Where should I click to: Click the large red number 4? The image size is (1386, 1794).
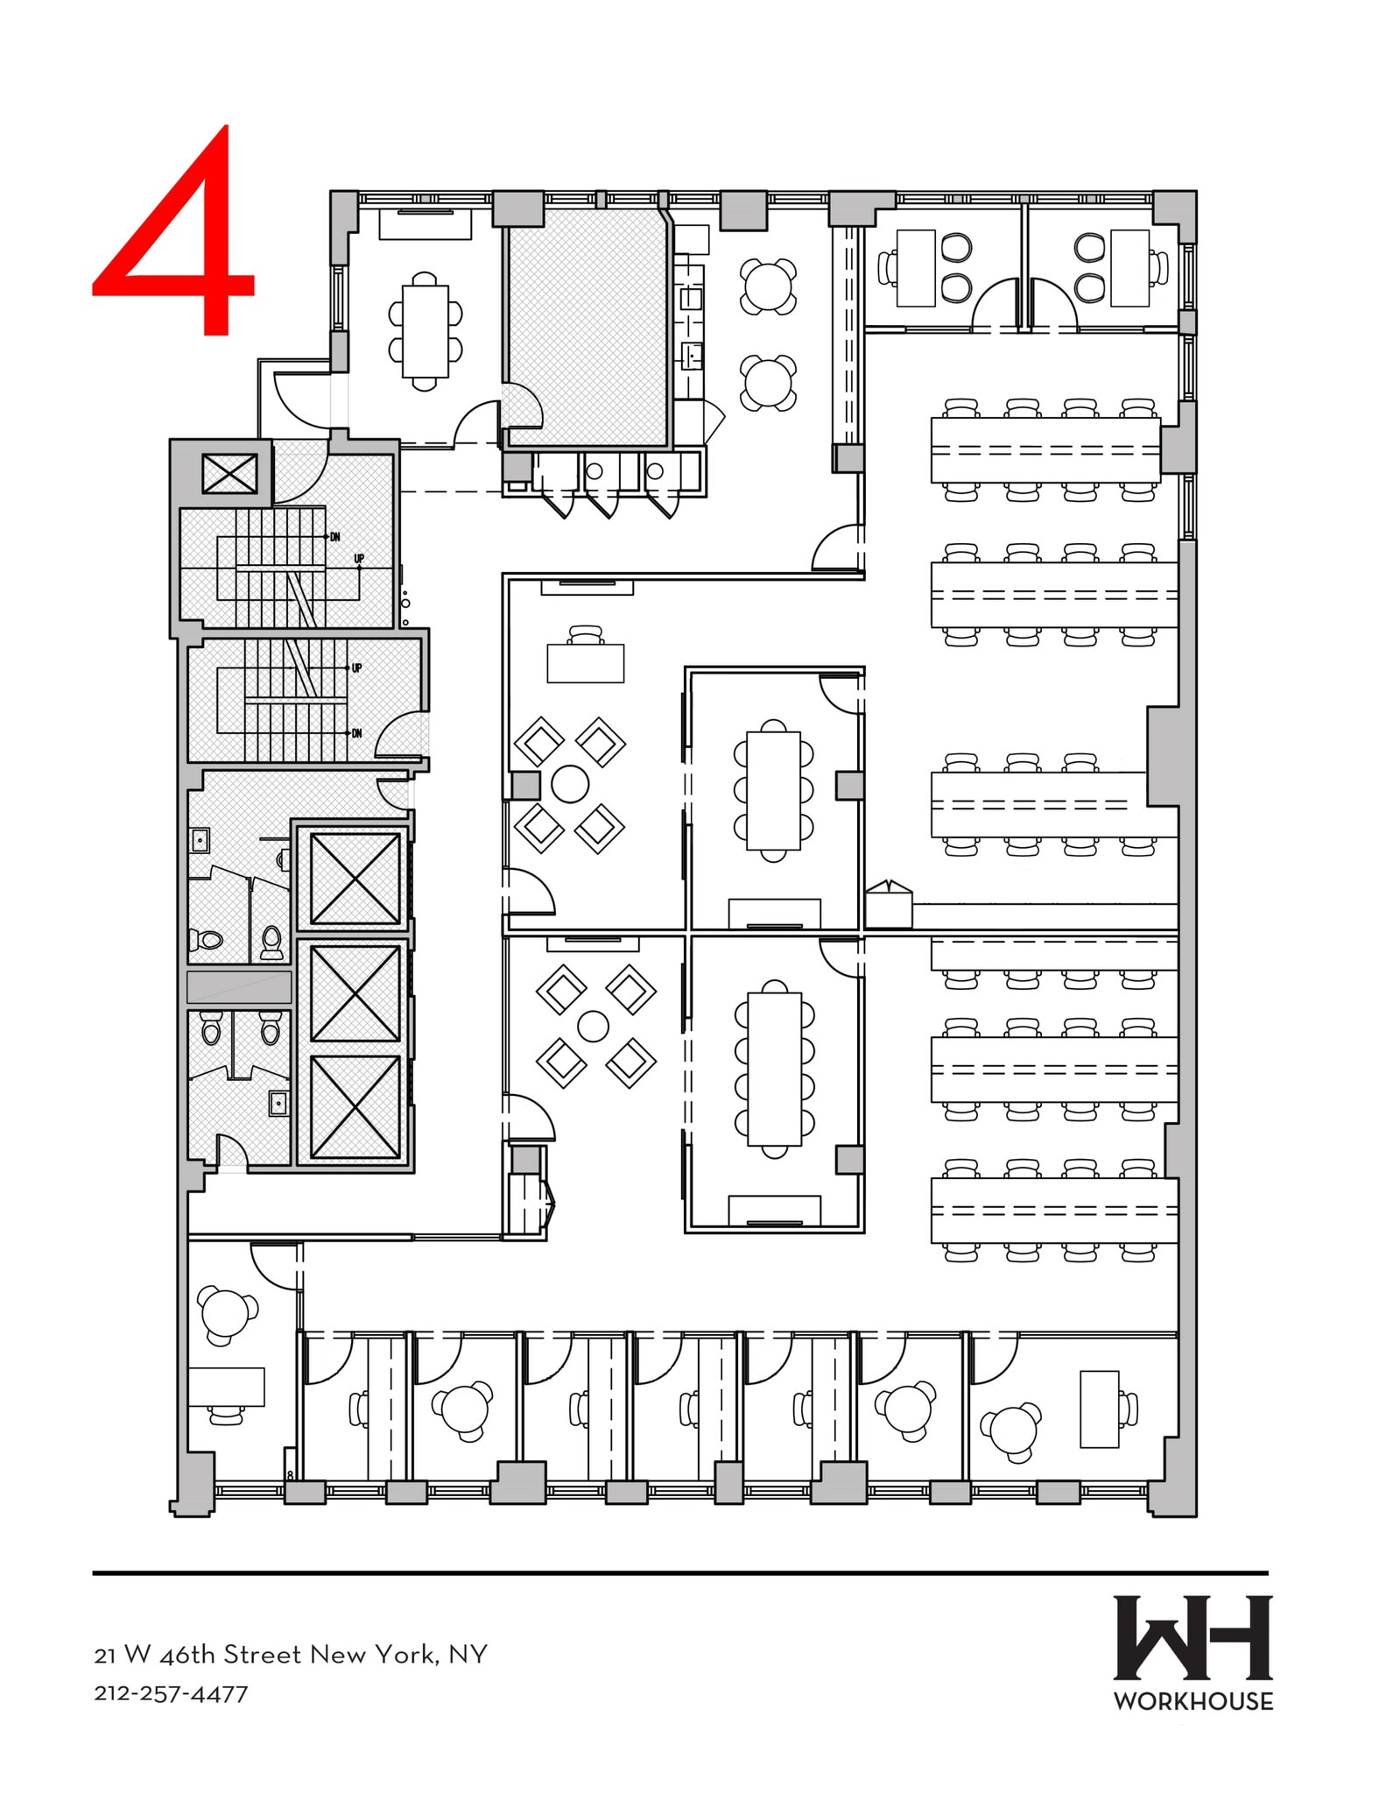[175, 232]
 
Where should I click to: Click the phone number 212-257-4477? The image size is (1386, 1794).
[171, 1694]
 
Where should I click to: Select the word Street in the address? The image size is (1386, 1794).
[264, 1654]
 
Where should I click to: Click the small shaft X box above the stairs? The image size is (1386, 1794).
[229, 474]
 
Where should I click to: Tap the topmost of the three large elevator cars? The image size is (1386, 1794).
[355, 879]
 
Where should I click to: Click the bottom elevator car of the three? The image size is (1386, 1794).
[355, 1107]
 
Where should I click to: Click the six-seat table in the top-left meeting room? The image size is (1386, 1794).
[425, 331]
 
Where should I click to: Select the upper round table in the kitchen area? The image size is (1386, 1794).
[768, 286]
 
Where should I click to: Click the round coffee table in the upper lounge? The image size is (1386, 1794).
[570, 784]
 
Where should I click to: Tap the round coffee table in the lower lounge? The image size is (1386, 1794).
[594, 1026]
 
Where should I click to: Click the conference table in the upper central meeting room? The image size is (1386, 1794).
[773, 790]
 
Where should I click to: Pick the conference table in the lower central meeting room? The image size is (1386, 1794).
[775, 1069]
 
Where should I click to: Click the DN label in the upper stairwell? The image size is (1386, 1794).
[334, 536]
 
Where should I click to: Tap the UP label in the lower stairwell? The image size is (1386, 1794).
[356, 667]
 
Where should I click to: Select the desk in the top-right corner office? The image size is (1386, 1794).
[1129, 268]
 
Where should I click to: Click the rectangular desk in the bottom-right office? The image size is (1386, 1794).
[1099, 1409]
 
